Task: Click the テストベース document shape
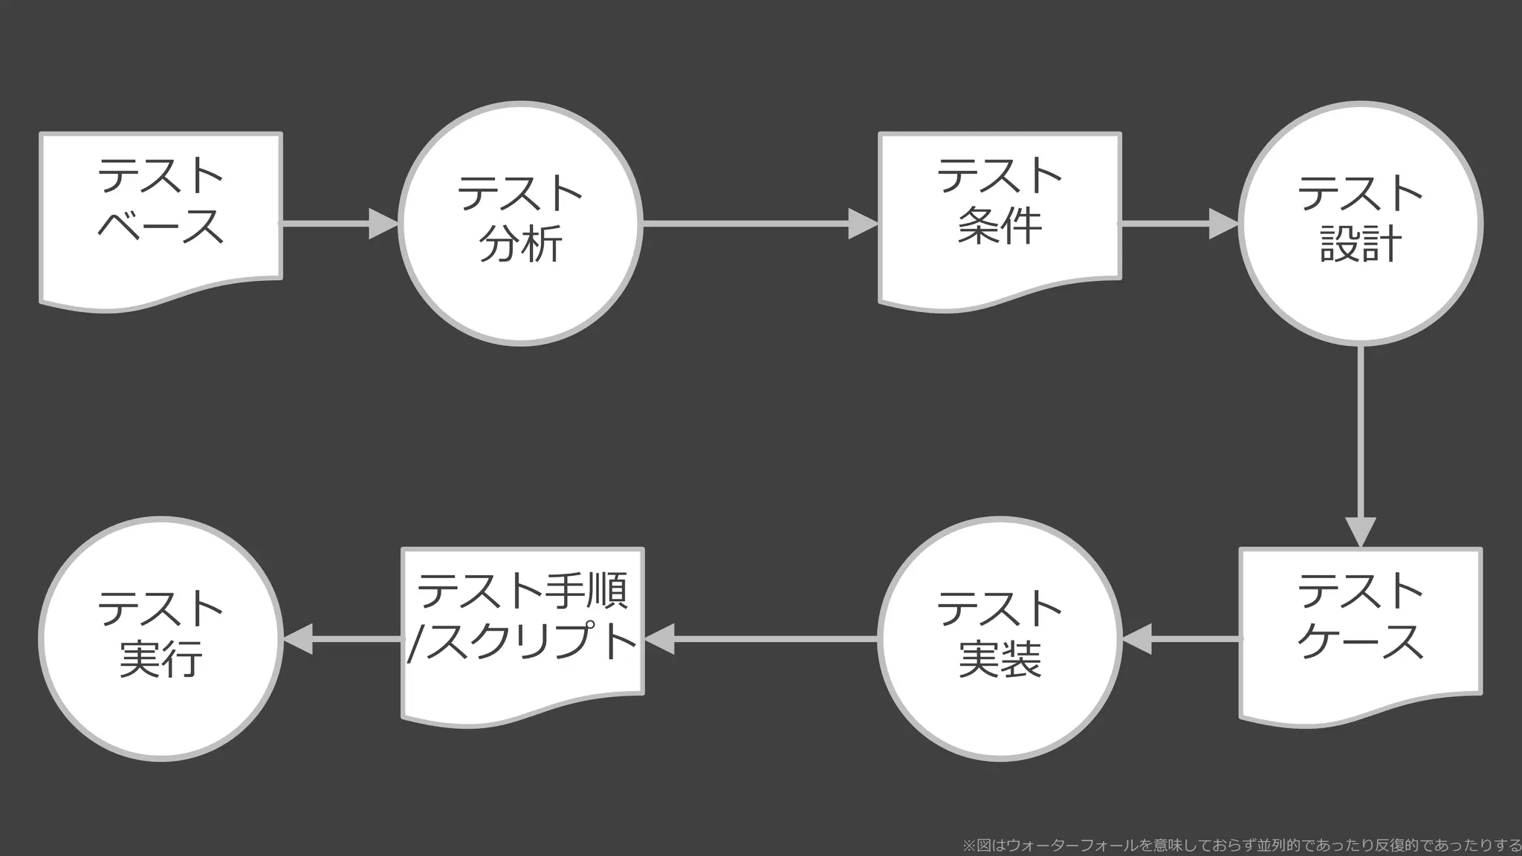(161, 215)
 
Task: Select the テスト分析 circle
(520, 223)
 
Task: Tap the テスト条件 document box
(1000, 215)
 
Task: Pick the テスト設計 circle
(1360, 223)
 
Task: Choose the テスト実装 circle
(1000, 639)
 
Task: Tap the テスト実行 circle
(161, 639)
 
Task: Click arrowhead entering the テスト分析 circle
(383, 224)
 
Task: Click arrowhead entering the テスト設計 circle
(1223, 224)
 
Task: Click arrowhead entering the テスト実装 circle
(1137, 639)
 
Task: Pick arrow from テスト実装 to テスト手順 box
(773, 639)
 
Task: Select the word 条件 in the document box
(1000, 227)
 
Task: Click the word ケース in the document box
(1360, 641)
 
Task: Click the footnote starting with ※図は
(1241, 846)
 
